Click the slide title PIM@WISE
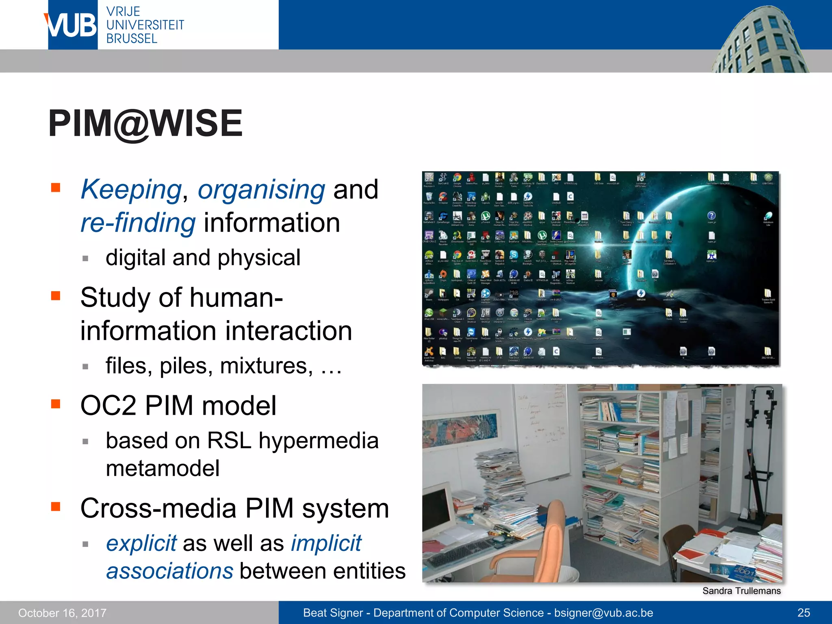(x=145, y=123)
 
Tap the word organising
(x=261, y=190)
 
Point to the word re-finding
(x=138, y=223)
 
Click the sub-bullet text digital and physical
(x=203, y=258)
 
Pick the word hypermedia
(x=318, y=441)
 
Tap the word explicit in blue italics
(x=141, y=543)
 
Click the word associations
(x=170, y=571)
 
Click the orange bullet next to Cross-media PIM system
(x=56, y=507)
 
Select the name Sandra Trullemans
(x=741, y=591)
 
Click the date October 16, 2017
(x=62, y=613)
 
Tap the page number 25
(x=804, y=613)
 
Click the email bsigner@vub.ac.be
(x=603, y=613)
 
